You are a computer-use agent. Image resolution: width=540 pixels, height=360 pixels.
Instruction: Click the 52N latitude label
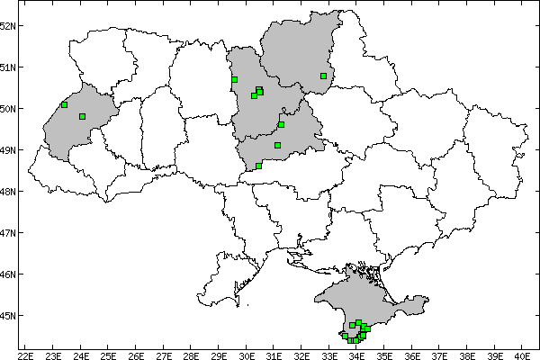tap(9, 25)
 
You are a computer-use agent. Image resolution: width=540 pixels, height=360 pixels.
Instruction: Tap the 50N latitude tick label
tap(9, 109)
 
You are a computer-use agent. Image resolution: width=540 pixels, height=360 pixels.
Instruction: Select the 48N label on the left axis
tap(9, 192)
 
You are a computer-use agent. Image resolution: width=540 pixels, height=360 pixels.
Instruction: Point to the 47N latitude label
tap(9, 233)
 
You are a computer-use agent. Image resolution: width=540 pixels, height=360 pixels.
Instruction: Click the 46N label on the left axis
tap(9, 274)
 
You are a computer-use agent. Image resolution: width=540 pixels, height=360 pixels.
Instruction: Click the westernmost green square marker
tap(64, 104)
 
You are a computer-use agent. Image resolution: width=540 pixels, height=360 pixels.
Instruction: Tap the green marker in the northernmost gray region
tap(323, 76)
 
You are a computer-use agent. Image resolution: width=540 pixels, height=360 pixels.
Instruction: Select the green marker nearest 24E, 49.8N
tap(82, 116)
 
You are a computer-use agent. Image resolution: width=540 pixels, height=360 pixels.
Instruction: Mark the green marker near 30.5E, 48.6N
tap(258, 166)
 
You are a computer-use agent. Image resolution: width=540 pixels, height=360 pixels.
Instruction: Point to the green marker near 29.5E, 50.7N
tap(234, 79)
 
